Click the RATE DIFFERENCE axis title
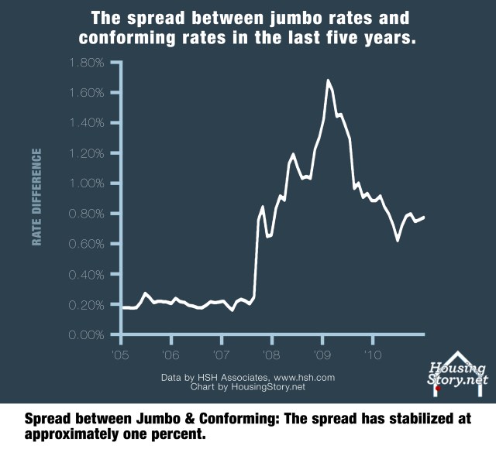(x=36, y=197)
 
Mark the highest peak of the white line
(x=329, y=80)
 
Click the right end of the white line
(x=424, y=218)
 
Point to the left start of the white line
(x=122, y=308)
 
